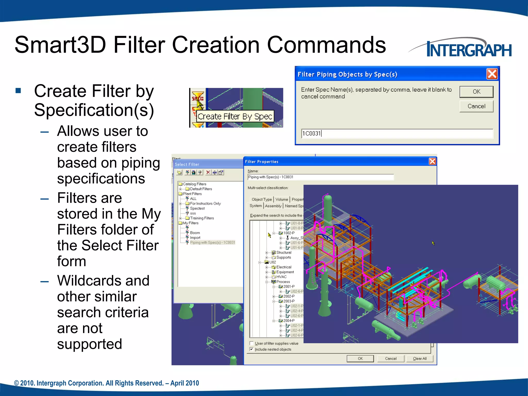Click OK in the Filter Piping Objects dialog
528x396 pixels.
pos(476,92)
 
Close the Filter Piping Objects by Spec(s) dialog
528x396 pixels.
pos(492,74)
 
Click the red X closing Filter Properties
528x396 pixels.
pos(432,161)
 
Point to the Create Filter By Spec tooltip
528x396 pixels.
pos(235,117)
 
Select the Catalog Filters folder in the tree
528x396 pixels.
pos(194,184)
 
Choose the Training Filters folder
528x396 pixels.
pos(202,218)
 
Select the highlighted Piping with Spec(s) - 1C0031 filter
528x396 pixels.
pos(212,243)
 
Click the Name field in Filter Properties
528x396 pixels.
pos(320,177)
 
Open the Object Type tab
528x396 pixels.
pos(261,200)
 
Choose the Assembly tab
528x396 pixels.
pos(273,206)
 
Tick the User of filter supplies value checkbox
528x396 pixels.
pos(252,343)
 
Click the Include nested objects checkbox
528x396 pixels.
pos(252,349)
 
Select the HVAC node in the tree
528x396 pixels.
pos(281,277)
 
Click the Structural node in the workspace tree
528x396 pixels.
pos(284,253)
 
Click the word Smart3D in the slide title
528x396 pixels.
pos(60,45)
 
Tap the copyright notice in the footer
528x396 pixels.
pos(106,383)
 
